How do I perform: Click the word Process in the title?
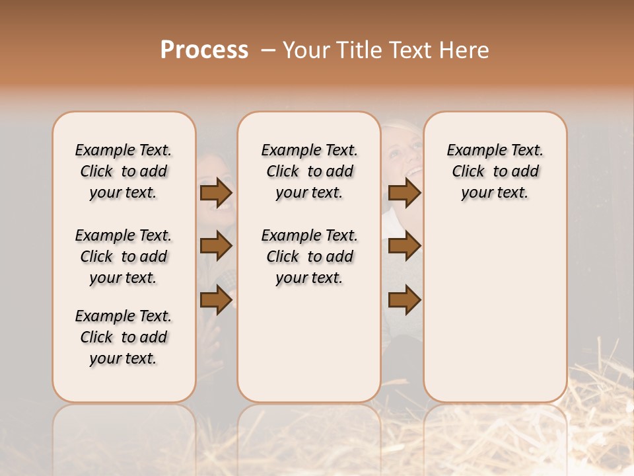click(204, 50)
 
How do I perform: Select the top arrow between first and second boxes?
click(216, 193)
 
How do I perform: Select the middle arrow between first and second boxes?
click(216, 247)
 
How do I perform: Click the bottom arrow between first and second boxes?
click(216, 301)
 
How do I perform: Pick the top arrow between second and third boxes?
click(404, 193)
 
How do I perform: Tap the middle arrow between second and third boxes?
click(404, 247)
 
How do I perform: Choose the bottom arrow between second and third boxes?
click(404, 301)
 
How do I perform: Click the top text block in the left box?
click(123, 171)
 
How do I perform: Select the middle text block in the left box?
click(123, 257)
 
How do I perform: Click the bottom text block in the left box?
click(123, 337)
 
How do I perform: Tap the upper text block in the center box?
click(309, 171)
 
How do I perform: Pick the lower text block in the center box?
click(309, 257)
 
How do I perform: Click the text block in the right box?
click(495, 171)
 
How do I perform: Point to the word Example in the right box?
click(471, 151)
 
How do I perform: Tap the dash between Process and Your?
click(268, 50)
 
